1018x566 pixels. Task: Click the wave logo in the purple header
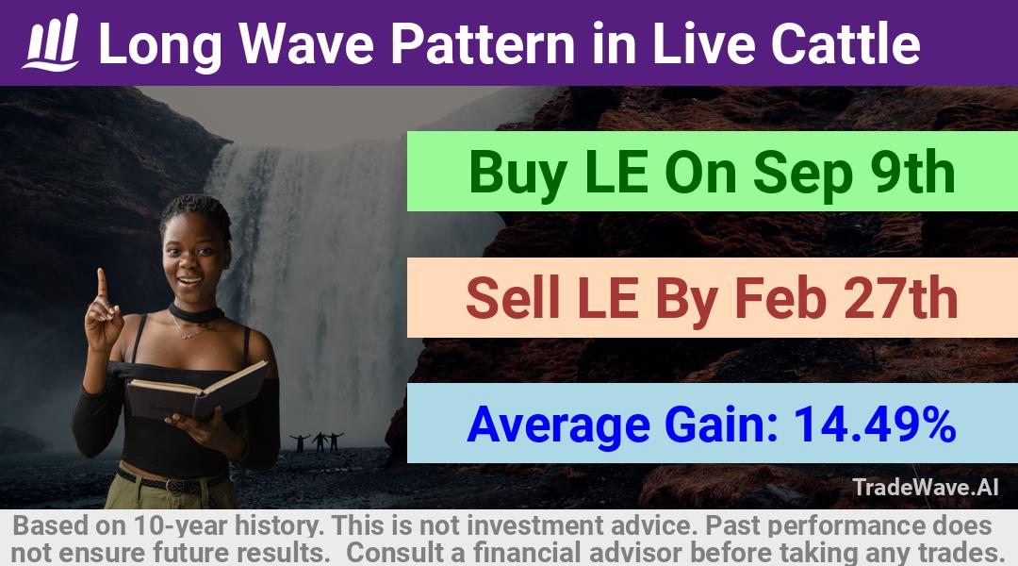[x=51, y=42]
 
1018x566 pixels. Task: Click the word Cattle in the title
[x=846, y=43]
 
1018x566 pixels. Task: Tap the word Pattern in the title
[x=483, y=43]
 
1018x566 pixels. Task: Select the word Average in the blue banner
[x=558, y=425]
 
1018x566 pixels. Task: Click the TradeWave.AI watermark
[x=926, y=487]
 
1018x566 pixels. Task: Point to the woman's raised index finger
[x=101, y=285]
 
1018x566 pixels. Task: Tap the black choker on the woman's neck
[x=195, y=313]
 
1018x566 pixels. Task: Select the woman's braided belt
[x=172, y=483]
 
